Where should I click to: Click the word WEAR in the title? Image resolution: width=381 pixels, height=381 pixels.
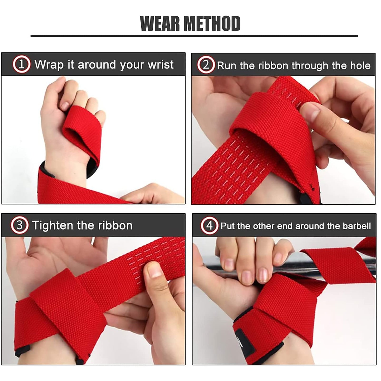pyautogui.click(x=160, y=24)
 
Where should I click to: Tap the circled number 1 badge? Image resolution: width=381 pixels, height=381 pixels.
pyautogui.click(x=22, y=64)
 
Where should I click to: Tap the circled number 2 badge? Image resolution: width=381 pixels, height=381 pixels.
pyautogui.click(x=206, y=65)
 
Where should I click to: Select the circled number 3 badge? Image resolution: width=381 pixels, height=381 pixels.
pyautogui.click(x=20, y=225)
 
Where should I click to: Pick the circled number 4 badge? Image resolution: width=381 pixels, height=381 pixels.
pyautogui.click(x=210, y=226)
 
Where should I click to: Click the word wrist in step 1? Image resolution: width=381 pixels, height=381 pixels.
pyautogui.click(x=161, y=65)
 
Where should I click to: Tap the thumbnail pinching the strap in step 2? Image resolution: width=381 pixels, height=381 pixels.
pyautogui.click(x=310, y=111)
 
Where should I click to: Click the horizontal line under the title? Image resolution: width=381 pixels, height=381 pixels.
pyautogui.click(x=194, y=36)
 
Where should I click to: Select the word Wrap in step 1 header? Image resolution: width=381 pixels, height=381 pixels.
pyautogui.click(x=49, y=65)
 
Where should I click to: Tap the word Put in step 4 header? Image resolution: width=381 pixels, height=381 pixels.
pyautogui.click(x=228, y=226)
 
